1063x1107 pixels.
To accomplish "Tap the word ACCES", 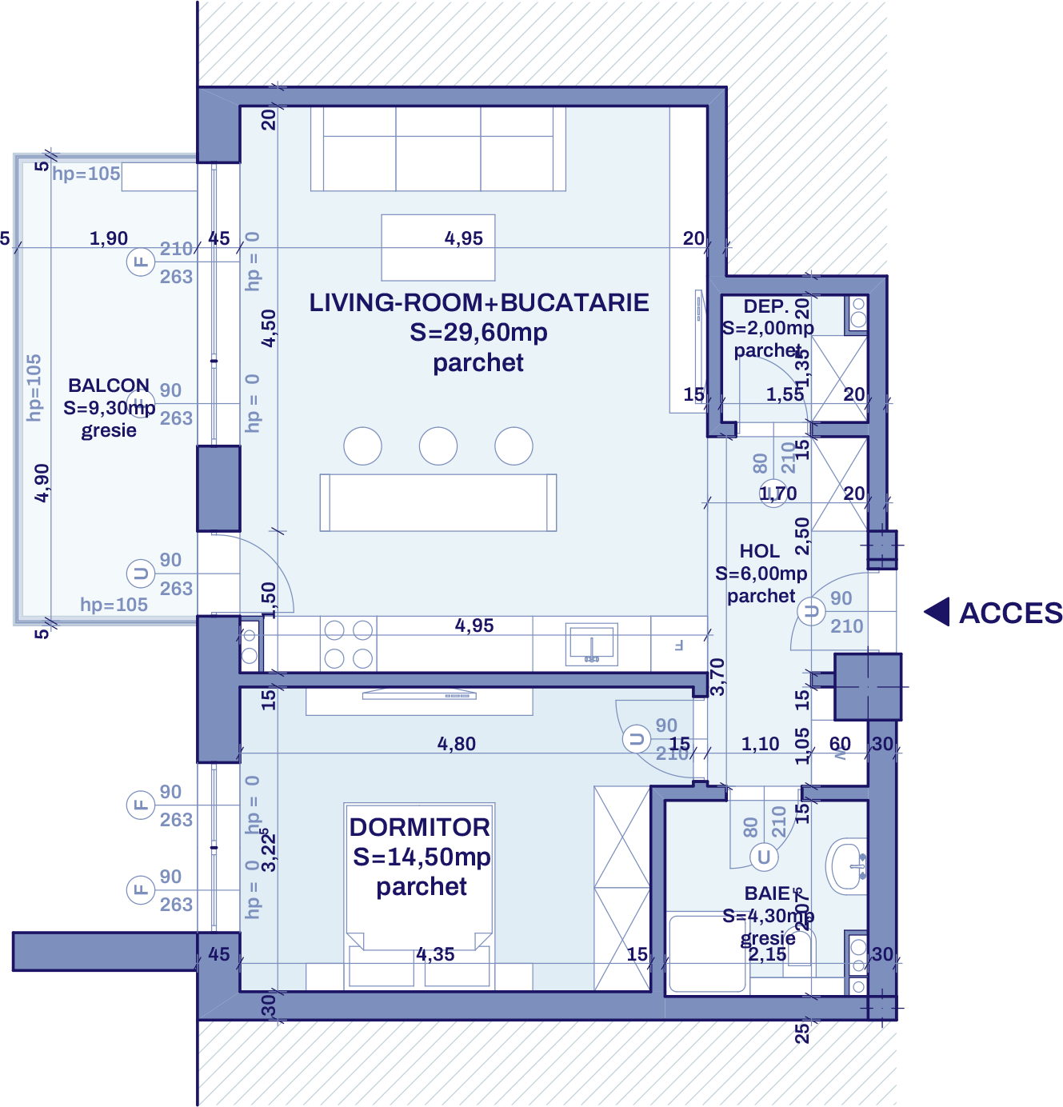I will (x=1010, y=613).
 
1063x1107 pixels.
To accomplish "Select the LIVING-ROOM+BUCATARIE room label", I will (x=478, y=302).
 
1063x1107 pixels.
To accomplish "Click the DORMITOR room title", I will (x=420, y=827).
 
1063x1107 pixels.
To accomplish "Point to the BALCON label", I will (x=108, y=386).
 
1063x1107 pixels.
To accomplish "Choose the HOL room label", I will (x=759, y=551).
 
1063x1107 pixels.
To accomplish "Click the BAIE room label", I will (x=767, y=893).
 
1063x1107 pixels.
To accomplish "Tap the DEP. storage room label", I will (x=765, y=306).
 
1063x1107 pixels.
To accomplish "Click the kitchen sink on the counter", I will (x=591, y=644).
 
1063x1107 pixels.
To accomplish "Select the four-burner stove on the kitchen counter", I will (x=349, y=644).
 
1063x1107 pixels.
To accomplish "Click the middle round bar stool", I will (x=438, y=446).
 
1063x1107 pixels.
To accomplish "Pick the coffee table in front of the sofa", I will (x=438, y=247).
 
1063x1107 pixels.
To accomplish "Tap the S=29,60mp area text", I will (x=478, y=332).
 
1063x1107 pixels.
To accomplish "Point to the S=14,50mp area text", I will (x=422, y=857).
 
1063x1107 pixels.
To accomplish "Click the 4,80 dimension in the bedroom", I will (x=456, y=744).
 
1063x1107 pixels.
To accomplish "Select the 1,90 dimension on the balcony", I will (x=108, y=238).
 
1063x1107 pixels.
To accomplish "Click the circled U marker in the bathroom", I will (x=763, y=857).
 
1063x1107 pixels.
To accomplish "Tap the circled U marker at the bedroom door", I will (x=637, y=739).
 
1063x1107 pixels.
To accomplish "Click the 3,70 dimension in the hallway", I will (x=717, y=676).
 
